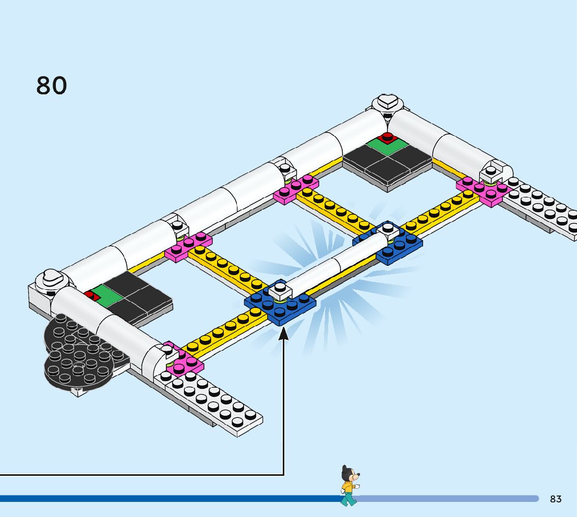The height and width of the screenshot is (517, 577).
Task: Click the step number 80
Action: (52, 85)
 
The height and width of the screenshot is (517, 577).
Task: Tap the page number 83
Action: (556, 499)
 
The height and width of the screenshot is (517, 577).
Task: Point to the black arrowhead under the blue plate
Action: (284, 334)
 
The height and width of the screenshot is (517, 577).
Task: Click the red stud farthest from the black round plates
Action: (387, 137)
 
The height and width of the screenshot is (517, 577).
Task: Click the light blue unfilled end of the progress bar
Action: (449, 499)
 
